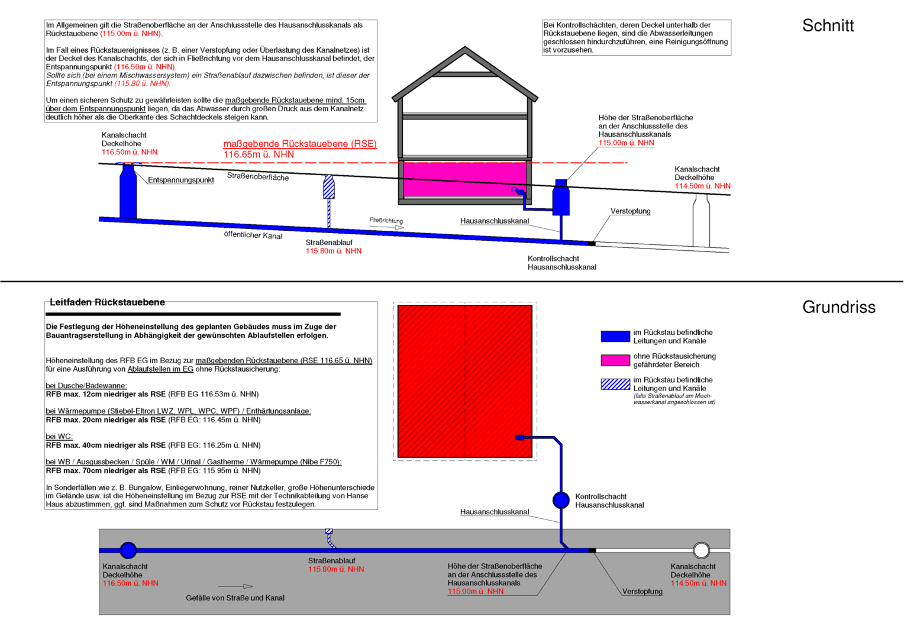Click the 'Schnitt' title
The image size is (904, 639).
point(828,25)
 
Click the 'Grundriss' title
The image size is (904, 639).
point(838,307)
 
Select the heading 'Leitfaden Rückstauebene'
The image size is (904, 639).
point(107,302)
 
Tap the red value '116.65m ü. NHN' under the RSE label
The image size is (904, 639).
point(259,154)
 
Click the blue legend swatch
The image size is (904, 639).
point(615,336)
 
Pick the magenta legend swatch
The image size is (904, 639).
point(615,360)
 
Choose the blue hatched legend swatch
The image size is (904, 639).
point(615,384)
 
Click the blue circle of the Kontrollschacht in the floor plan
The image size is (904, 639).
point(560,500)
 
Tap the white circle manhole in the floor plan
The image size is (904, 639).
point(702,550)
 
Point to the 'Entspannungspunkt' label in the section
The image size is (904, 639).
point(181,180)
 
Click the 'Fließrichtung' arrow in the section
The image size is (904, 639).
point(386,227)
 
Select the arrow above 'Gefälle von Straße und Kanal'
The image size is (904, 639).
point(235,586)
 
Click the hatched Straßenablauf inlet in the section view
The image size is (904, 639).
point(329,188)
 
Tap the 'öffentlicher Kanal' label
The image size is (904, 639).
point(253,235)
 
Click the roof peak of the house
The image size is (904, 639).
point(464,48)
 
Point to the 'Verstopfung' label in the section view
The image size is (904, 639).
point(631,211)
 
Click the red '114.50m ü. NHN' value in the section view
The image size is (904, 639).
point(703,186)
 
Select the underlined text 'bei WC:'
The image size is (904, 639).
point(59,437)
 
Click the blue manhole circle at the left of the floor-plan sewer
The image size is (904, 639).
point(128,550)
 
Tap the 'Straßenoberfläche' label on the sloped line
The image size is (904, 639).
point(258,177)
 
